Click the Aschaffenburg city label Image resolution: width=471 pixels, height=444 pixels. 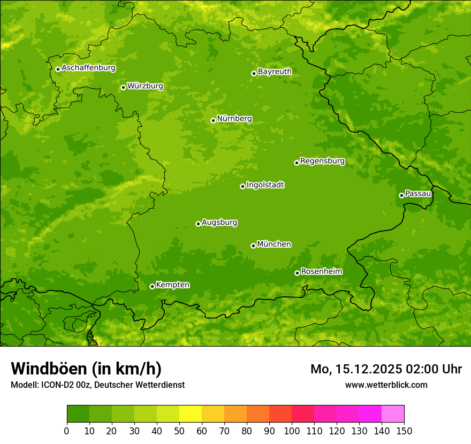coord(88,68)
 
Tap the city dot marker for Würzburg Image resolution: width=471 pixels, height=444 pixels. coord(123,87)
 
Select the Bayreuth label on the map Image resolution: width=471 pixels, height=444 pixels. coord(275,72)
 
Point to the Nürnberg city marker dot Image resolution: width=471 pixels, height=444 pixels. coord(213,120)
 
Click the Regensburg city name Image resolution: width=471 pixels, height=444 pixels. coord(322,161)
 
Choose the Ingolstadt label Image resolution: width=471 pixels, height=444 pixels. coord(265,185)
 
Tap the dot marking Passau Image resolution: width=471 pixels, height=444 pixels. coord(401,195)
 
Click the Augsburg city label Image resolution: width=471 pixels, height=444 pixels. coord(219,223)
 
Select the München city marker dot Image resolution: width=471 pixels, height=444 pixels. coord(253,246)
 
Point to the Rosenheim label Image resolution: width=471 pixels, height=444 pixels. coord(321,272)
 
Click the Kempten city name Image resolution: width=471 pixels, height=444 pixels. coord(172,285)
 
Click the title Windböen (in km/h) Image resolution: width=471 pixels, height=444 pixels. coord(86,369)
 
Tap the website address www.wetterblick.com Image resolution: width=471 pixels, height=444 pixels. coord(386,385)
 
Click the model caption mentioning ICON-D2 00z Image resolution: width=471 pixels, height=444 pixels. coord(97,385)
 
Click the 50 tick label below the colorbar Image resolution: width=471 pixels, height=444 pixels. coord(179,431)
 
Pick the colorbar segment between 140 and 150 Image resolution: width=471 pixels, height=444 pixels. coord(393,414)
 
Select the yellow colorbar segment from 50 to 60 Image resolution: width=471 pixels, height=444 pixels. coord(191,414)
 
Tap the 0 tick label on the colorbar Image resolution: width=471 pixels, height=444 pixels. coord(67,431)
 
